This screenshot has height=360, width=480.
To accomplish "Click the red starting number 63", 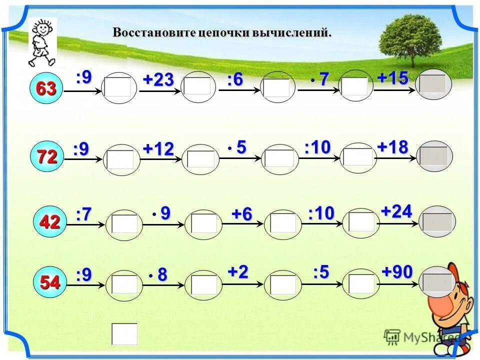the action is (x=45, y=89).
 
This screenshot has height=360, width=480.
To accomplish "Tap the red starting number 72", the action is (x=47, y=157).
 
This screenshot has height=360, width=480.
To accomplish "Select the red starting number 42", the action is (x=49, y=222).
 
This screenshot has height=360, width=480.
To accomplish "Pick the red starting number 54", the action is (x=50, y=282).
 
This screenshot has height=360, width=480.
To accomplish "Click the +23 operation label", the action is (x=158, y=80).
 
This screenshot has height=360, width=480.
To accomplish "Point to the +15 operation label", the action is (x=393, y=78).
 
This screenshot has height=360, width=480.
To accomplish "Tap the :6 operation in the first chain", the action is (x=235, y=80).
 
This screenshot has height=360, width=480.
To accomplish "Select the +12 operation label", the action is (x=158, y=148).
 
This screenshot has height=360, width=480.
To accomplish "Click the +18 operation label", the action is (x=393, y=147).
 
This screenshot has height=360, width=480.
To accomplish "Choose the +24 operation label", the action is (x=396, y=211).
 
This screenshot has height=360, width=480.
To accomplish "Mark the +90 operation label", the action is (x=397, y=272).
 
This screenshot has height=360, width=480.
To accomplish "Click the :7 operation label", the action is (x=84, y=215).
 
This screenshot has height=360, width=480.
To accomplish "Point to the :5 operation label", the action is (x=321, y=272).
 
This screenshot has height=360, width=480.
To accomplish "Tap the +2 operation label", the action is (x=238, y=272).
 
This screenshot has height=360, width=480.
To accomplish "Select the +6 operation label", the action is (x=241, y=214).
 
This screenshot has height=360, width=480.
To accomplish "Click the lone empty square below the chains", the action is (x=124, y=333).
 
